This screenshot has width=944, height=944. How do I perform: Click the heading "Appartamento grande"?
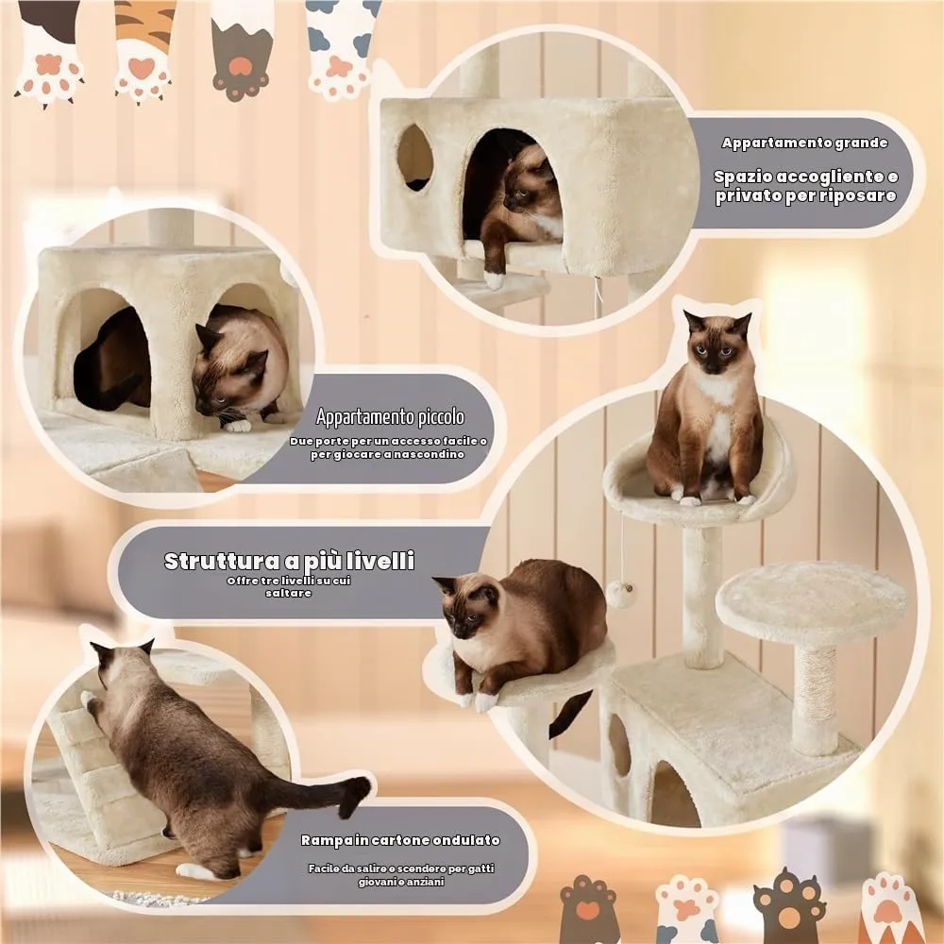(x=804, y=143)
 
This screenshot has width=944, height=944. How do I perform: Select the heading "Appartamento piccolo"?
(x=390, y=416)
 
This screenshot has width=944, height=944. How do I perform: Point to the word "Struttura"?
(x=222, y=561)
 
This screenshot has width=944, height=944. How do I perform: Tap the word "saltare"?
(x=288, y=593)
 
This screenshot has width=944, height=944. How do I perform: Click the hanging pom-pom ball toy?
(x=620, y=594)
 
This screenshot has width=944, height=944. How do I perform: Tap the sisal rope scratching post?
(x=815, y=699)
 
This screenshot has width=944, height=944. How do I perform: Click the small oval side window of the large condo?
(x=414, y=157)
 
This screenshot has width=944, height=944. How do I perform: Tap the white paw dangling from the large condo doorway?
(x=493, y=279)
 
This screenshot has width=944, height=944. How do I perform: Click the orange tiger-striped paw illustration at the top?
(x=144, y=49)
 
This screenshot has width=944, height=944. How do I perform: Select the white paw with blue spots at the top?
(x=342, y=47)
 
